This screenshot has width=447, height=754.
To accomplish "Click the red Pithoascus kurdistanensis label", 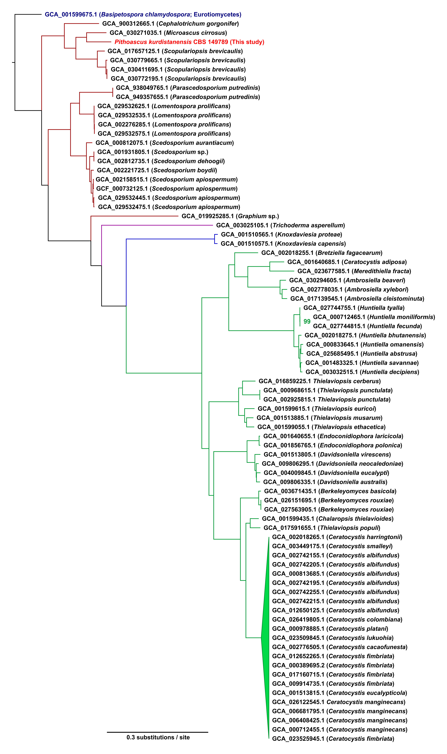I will (189, 42).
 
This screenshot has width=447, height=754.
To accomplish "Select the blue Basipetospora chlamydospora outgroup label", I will (143, 14).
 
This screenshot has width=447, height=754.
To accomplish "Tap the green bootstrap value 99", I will (307, 322).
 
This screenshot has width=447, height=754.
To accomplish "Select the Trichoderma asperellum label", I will (280, 225).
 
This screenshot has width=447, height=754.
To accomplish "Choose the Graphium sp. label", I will (230, 216).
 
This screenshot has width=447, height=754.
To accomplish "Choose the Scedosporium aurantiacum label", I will (164, 143).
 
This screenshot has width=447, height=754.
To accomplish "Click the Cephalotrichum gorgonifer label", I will (170, 23).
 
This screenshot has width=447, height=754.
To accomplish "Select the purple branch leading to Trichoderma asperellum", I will (157, 225).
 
